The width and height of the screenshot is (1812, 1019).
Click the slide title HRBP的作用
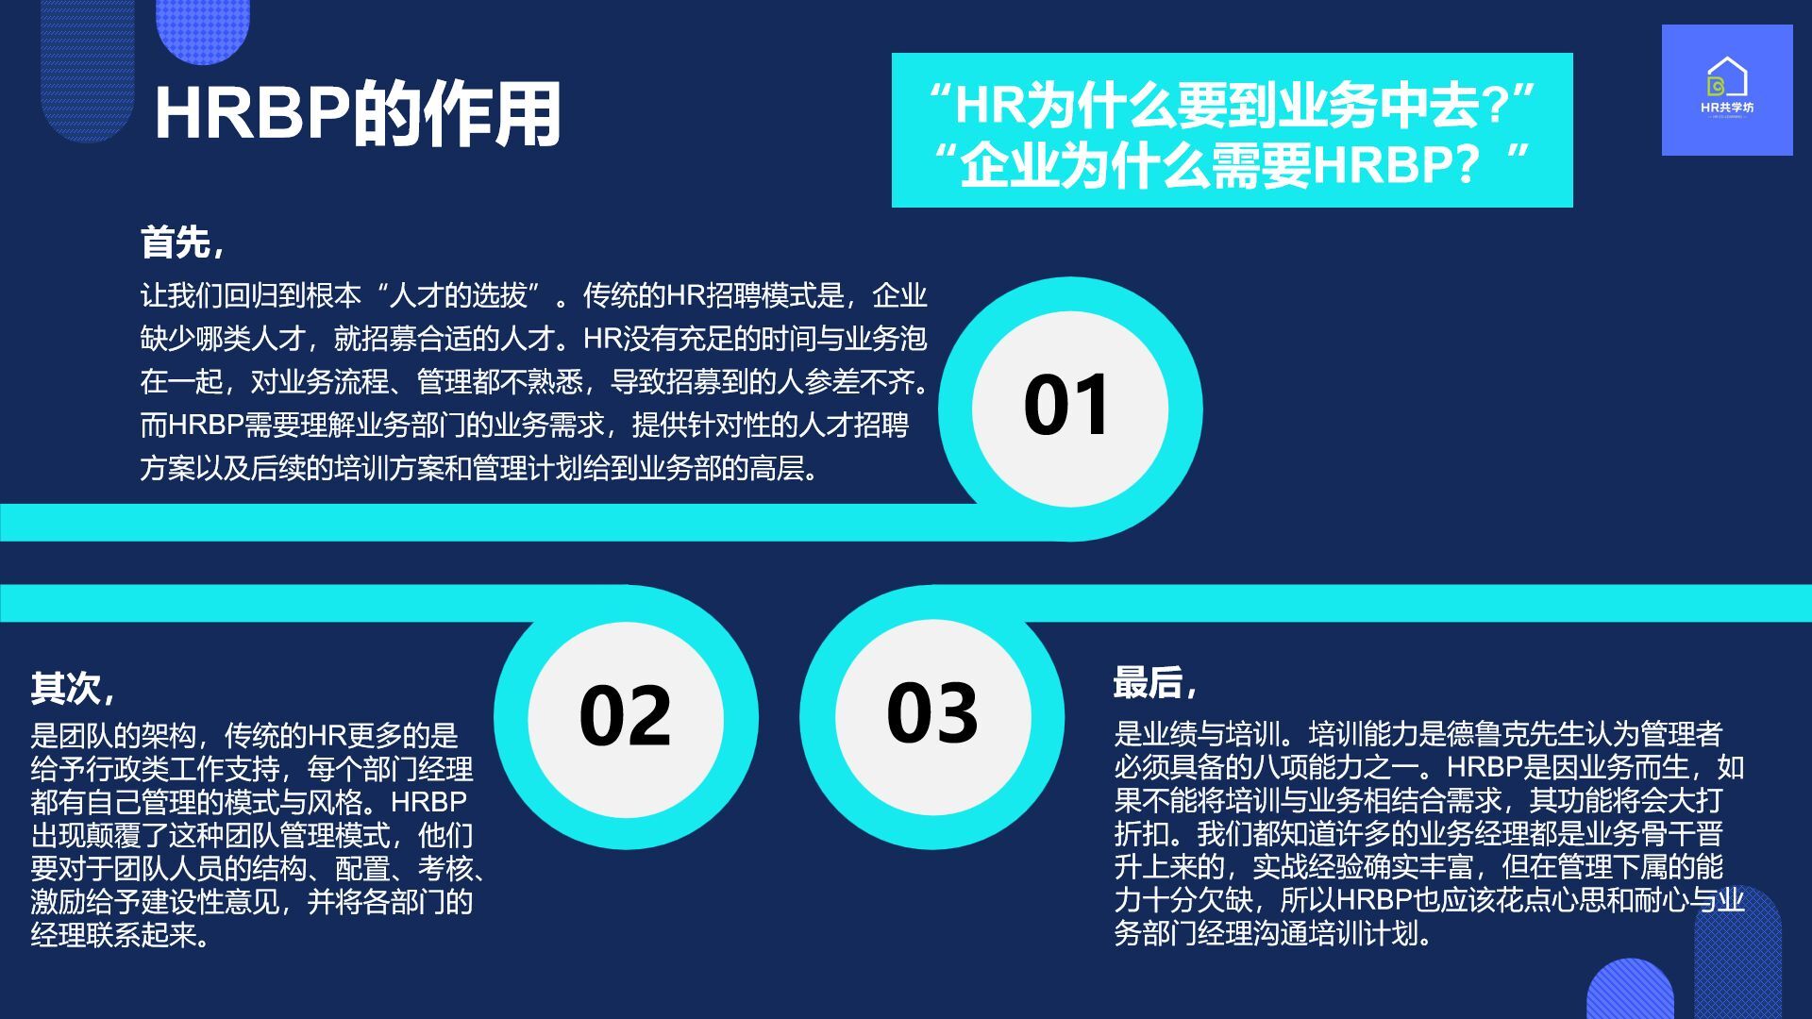pyautogui.click(x=358, y=113)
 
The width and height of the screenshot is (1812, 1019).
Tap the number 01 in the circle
pyautogui.click(x=1067, y=405)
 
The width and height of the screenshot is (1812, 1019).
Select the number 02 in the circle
pyautogui.click(x=625, y=716)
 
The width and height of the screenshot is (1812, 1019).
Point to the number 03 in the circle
pyautogui.click(x=932, y=711)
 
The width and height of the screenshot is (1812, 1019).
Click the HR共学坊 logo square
pyautogui.click(x=1727, y=90)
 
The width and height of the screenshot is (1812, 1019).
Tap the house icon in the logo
pyautogui.click(x=1727, y=77)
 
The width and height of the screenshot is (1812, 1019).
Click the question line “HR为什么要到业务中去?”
pyautogui.click(x=1233, y=105)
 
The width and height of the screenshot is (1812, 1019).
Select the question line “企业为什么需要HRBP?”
pyautogui.click(x=1233, y=166)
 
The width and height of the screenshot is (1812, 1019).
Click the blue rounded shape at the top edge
pyautogui.click(x=202, y=29)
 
